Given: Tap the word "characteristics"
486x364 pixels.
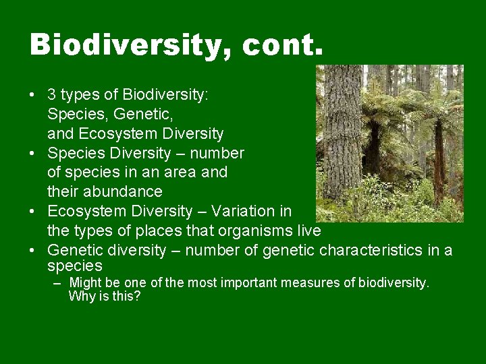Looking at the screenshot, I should click(x=365, y=251).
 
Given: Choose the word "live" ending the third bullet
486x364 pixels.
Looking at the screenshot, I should click(x=308, y=231).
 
